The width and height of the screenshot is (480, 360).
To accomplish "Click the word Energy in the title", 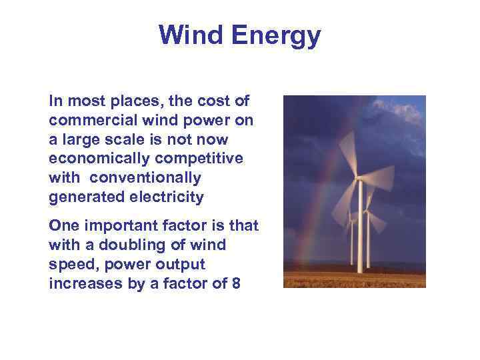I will pos(276,35).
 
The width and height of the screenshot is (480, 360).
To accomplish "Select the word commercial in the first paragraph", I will pos(87,121).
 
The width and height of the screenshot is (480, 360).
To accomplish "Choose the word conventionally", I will pos(145,178).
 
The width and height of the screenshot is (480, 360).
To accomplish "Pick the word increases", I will pos(77,283).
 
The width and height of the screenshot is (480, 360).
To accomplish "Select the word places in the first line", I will pos(133,102).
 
